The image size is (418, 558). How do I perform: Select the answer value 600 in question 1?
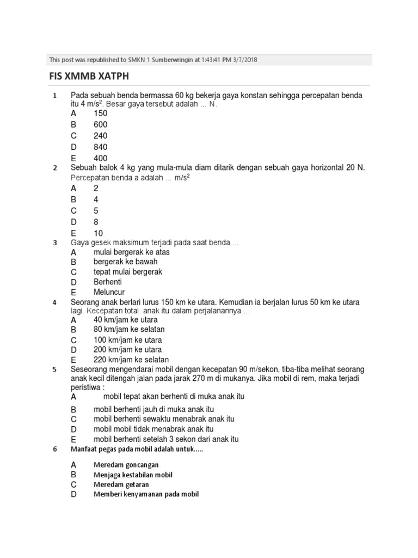click(x=101, y=124)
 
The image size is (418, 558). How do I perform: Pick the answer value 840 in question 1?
click(x=101, y=147)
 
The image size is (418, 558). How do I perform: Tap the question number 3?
click(x=54, y=242)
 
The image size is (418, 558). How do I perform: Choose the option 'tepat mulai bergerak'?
click(x=128, y=271)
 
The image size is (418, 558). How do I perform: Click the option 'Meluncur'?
click(x=109, y=292)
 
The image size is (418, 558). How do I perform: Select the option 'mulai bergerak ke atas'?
click(x=131, y=252)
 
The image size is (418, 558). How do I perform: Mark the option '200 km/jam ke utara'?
click(x=127, y=349)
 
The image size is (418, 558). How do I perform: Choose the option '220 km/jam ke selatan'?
click(x=131, y=360)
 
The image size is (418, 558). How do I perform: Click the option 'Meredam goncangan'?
click(x=126, y=465)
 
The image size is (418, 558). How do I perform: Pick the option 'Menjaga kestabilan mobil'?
click(x=133, y=475)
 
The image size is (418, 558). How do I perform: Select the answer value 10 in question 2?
click(x=98, y=233)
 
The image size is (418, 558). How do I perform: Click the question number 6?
click(x=54, y=449)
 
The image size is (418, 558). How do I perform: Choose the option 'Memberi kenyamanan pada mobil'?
click(x=146, y=494)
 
